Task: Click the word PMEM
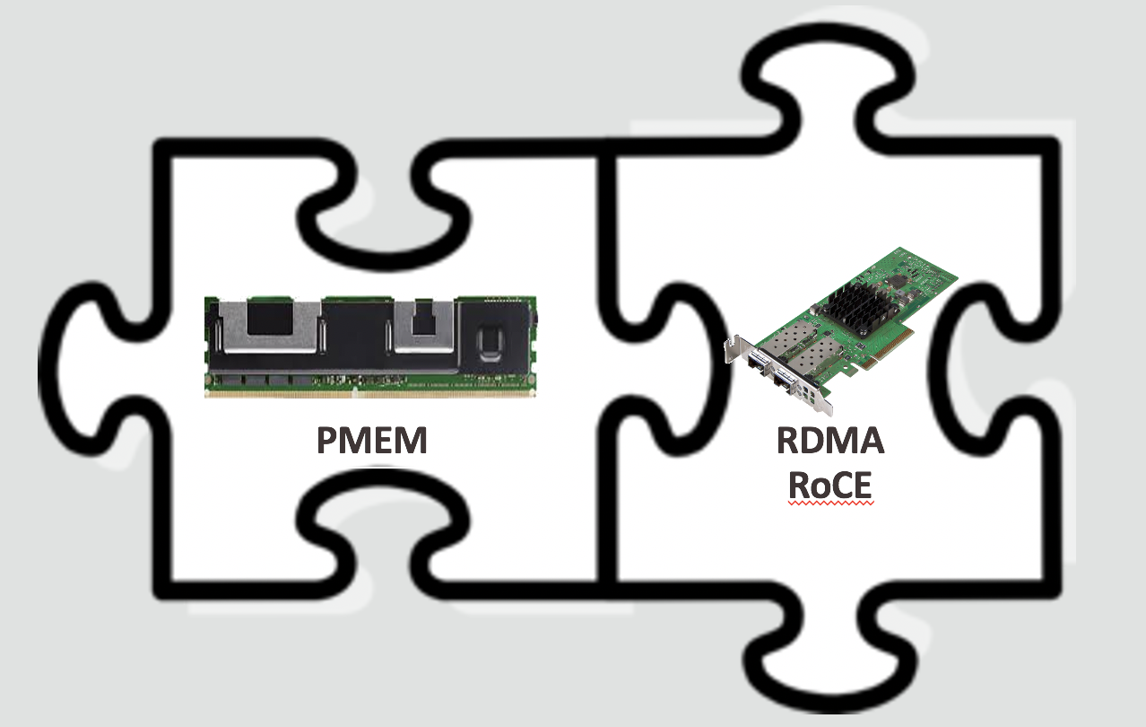(x=371, y=441)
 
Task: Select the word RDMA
(x=830, y=441)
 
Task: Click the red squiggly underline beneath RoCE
(x=830, y=506)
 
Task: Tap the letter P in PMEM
(x=331, y=441)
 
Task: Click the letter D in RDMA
(x=814, y=441)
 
